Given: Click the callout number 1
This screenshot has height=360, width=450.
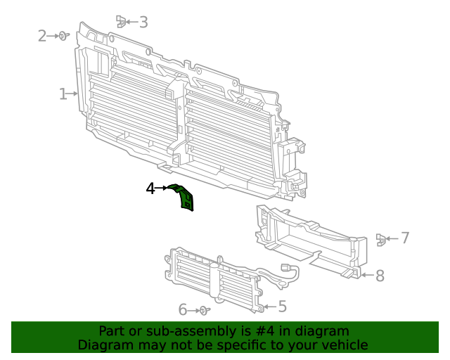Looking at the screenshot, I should pos(63,94).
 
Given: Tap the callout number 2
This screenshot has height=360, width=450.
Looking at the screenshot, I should pos(42,35).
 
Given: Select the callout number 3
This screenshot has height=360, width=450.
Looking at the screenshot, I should pos(143,22).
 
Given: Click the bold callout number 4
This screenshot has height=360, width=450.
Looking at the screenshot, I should pos(150,188).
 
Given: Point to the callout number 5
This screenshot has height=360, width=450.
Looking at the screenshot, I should pos(282,307).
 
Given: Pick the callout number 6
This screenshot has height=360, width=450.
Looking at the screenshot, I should pos(183,309).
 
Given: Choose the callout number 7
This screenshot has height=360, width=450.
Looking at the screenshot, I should pos(404,238).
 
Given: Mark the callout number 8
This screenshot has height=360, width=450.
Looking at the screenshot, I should pos(380,276).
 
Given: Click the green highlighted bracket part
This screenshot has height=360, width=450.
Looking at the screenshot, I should pos(186,198).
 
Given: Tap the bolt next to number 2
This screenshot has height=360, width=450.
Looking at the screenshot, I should pos(63,35).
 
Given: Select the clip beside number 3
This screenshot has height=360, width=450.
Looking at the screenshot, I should pos(121,21).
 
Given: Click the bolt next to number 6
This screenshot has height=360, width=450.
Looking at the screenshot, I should pos(203,310).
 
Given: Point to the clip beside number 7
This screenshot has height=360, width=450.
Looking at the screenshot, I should pos(380,239).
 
